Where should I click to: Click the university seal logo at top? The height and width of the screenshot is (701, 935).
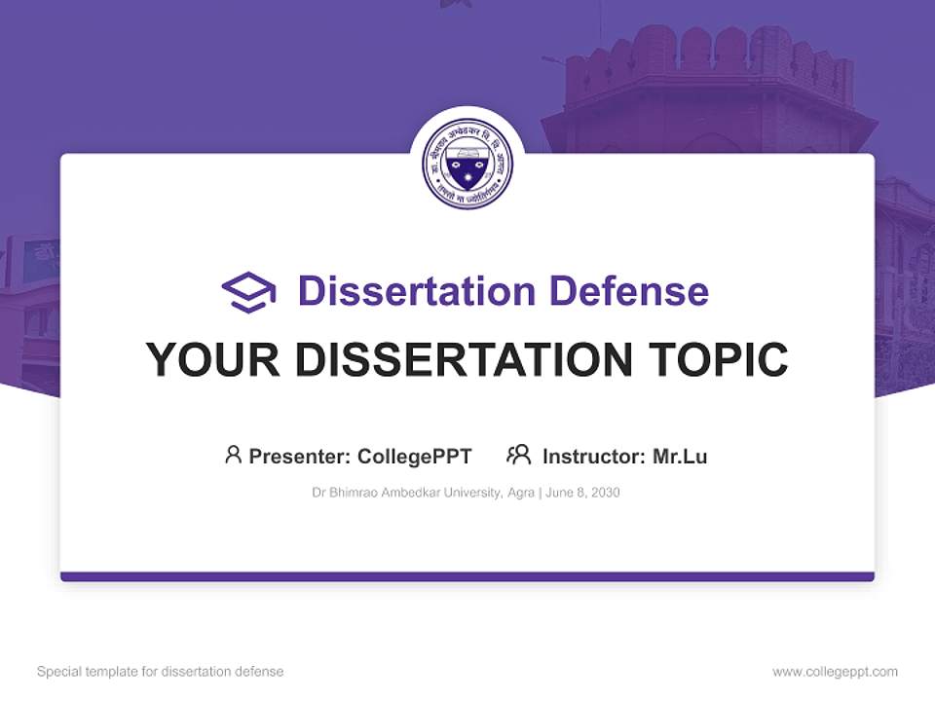(467, 163)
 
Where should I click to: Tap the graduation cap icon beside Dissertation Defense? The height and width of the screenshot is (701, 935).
(248, 291)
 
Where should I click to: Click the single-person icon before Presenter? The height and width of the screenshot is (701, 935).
(233, 455)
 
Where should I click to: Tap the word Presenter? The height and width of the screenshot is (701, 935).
(299, 456)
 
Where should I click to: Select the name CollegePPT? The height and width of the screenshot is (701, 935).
(415, 456)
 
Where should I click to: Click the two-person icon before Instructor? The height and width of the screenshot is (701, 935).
(519, 455)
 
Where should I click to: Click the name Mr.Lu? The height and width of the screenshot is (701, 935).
(680, 456)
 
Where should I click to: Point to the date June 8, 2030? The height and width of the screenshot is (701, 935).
(582, 493)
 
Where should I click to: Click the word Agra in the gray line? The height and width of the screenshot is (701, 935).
(521, 493)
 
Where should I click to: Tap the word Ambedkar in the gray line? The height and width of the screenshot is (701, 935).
(410, 493)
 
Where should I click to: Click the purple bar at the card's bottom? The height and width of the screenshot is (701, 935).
(467, 576)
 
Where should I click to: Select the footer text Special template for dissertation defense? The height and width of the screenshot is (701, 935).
(161, 672)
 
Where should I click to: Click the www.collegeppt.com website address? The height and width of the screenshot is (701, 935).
(835, 672)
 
